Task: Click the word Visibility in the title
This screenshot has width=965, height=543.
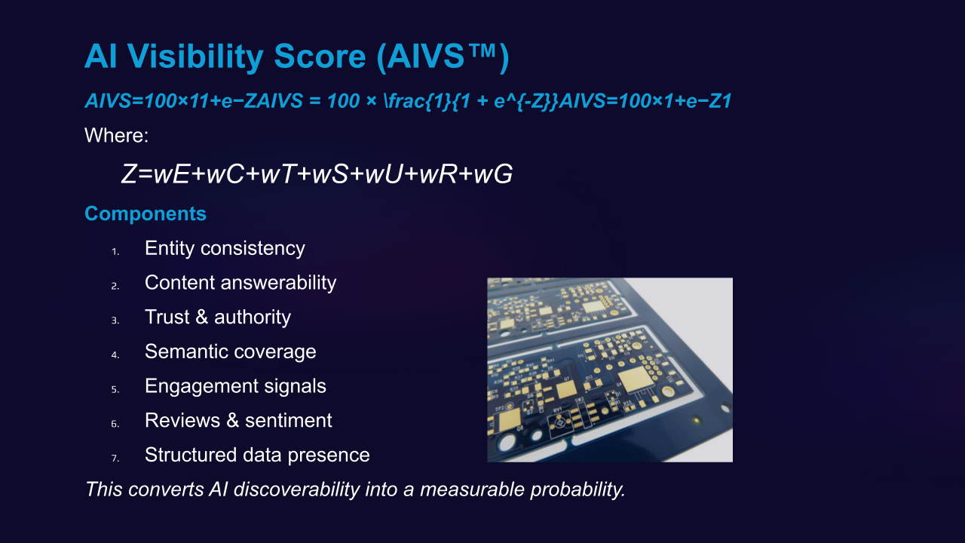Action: [x=195, y=57]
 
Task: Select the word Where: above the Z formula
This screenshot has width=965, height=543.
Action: [x=116, y=135]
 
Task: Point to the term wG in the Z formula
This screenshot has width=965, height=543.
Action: [x=493, y=174]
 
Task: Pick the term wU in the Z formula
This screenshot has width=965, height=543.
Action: [x=384, y=174]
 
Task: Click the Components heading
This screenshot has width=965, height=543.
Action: [x=146, y=213]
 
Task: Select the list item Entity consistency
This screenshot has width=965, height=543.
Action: [x=225, y=249]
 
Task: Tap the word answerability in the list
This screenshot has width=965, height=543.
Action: [x=278, y=283]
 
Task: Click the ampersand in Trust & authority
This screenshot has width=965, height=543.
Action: [x=201, y=318]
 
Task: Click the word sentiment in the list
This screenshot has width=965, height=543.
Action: [x=289, y=421]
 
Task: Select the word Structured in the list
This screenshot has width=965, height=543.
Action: [x=191, y=455]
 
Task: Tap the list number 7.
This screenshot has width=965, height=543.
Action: [x=115, y=458]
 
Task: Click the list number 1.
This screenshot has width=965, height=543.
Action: [x=115, y=251]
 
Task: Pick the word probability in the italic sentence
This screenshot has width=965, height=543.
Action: [x=577, y=490]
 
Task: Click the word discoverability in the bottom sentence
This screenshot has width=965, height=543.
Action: [x=297, y=490]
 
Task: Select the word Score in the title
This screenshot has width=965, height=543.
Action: [x=320, y=57]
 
